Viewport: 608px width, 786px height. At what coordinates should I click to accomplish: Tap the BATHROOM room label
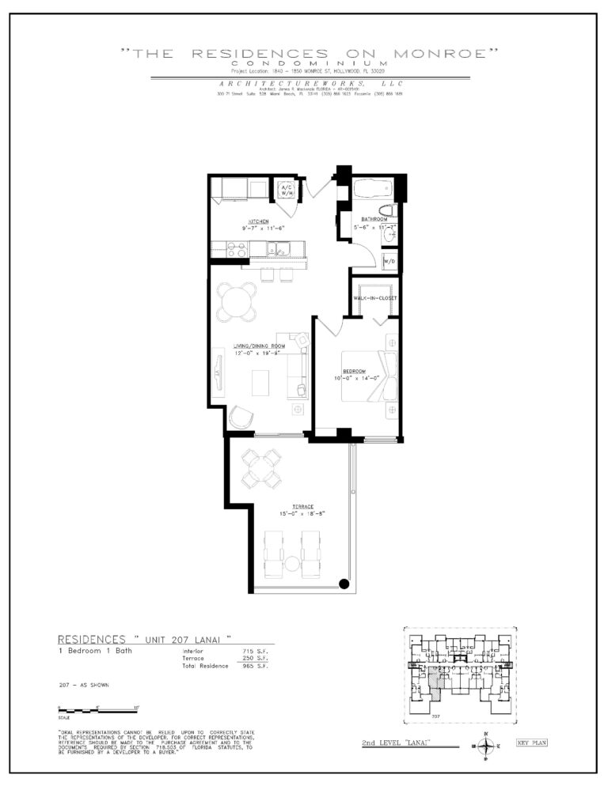374,218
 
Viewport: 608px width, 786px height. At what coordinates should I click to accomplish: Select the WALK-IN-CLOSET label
375,298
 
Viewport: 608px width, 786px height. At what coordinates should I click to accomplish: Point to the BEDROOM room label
354,371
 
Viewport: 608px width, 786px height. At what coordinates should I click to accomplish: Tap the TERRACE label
302,506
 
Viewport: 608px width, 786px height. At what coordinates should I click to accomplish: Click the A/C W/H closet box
285,191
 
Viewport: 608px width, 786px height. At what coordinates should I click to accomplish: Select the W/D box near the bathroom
389,261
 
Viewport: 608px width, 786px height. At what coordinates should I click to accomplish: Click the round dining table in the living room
237,300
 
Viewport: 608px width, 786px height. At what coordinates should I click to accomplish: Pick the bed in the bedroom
369,376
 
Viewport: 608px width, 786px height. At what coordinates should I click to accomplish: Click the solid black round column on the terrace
344,584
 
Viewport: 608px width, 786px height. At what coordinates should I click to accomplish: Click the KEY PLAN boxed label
531,743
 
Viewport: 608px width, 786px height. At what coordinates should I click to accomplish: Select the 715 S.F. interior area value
253,651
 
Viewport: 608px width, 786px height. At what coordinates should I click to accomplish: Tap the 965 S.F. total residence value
253,666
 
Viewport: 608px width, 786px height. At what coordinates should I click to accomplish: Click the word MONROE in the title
454,54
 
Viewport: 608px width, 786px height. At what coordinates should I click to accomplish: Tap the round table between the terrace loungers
291,564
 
